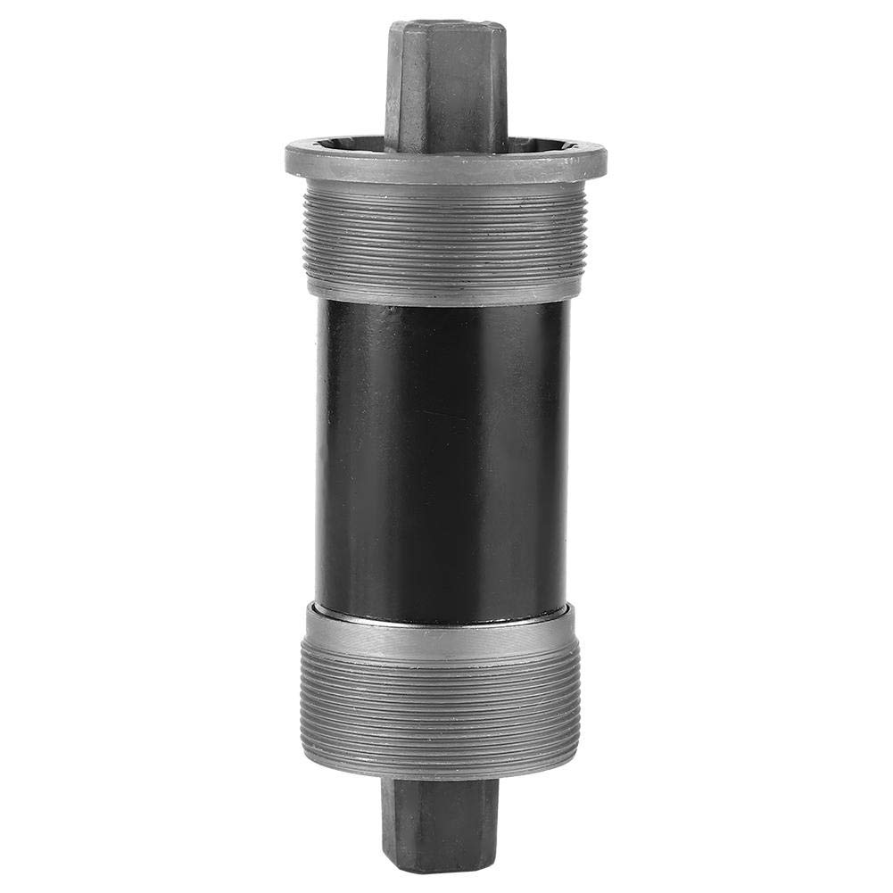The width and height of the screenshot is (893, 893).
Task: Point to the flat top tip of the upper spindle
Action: pos(446,25)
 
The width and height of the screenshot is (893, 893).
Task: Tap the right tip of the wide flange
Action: pos(605,161)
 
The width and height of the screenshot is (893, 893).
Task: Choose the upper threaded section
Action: pos(442,236)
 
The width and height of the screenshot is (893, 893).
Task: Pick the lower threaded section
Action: pos(442,705)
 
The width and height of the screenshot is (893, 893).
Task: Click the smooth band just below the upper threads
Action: pos(442,285)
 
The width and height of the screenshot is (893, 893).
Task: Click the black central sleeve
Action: pos(442,455)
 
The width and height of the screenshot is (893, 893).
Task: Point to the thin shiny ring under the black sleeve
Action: pos(442,615)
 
